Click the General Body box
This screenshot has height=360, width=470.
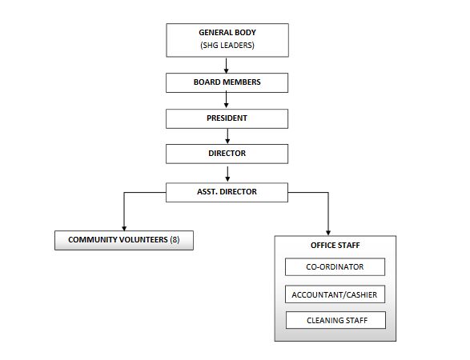tap(227, 40)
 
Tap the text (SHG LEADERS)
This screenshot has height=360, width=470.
tap(227, 46)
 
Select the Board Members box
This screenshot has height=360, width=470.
tap(227, 82)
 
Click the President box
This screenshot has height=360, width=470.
tap(227, 118)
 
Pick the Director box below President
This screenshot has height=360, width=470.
tap(227, 154)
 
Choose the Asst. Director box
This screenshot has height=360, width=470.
tap(227, 192)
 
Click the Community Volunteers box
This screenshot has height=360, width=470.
tap(124, 240)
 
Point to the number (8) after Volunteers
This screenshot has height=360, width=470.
tap(175, 240)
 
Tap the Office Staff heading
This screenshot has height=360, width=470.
tap(335, 246)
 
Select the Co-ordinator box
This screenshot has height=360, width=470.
tap(335, 267)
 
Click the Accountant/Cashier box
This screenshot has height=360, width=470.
tap(335, 294)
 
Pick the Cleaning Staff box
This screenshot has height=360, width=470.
tap(335, 320)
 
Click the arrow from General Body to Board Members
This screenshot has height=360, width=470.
tap(227, 66)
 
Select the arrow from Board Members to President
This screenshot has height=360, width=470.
tap(227, 100)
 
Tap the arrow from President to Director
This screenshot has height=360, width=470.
tap(227, 136)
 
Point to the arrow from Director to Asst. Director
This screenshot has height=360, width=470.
tap(227, 174)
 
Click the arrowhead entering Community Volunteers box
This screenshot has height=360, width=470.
tap(124, 229)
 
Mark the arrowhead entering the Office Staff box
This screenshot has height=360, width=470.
tap(328, 233)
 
